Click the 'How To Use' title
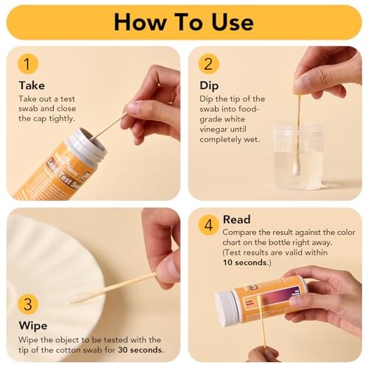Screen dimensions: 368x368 (184, 21)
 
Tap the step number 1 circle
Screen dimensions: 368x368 (27, 64)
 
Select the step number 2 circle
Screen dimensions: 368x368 (209, 64)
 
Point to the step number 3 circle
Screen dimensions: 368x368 (27, 304)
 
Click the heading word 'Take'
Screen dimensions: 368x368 (32, 85)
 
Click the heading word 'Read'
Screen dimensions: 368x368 (237, 219)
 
